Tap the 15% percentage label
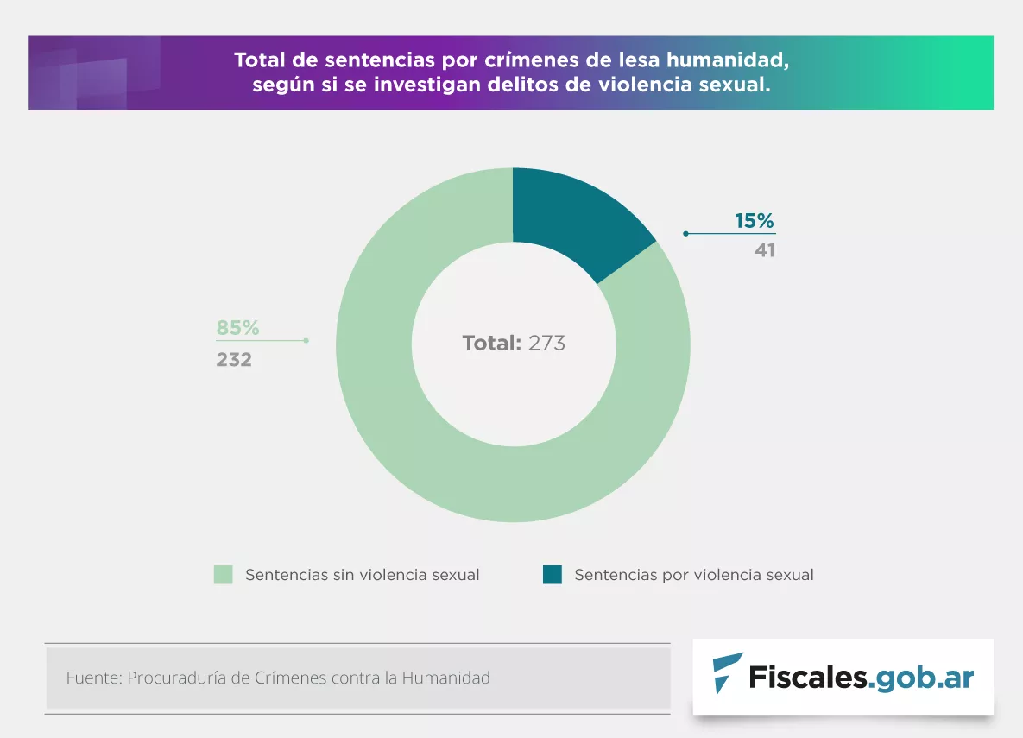pos(755,221)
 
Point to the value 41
pos(765,250)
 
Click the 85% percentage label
pos(237,328)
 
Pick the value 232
pos(234,359)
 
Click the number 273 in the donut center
pos(546,344)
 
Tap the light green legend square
pos(224,575)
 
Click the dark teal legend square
pos(553,575)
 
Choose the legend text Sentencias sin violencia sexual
pos(363,575)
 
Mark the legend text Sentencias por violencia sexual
pos(694,575)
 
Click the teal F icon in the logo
pos(727,674)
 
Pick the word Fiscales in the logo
pos(807,677)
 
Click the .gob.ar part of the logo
pos(921,677)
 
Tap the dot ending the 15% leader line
pos(685,234)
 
